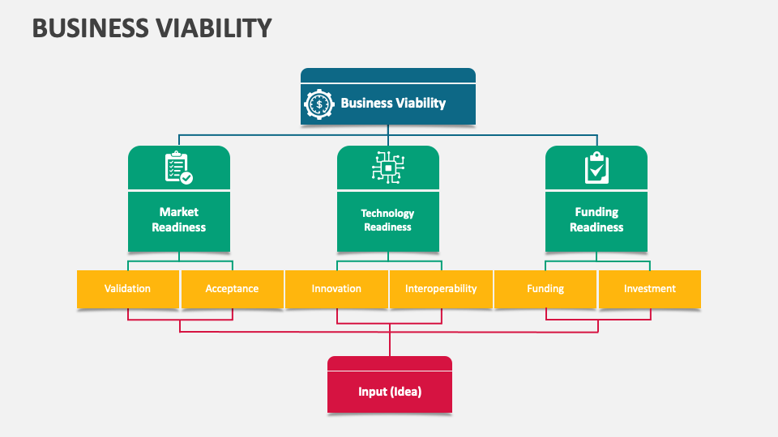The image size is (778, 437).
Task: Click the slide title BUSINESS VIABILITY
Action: click(x=152, y=28)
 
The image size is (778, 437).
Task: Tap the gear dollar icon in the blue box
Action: click(x=319, y=104)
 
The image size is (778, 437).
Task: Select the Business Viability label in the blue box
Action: click(x=393, y=103)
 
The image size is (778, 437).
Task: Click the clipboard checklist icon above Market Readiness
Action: click(x=178, y=168)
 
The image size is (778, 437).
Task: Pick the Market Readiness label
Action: click(x=178, y=219)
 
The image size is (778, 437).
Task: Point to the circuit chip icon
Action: click(x=388, y=168)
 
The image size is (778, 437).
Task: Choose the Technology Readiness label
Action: click(x=387, y=220)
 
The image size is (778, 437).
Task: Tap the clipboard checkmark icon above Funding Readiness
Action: click(x=596, y=168)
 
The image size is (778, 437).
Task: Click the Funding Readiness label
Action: click(x=596, y=219)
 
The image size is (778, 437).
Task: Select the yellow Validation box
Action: click(x=127, y=289)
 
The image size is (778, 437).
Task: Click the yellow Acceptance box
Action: click(x=232, y=289)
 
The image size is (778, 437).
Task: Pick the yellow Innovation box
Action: click(x=336, y=289)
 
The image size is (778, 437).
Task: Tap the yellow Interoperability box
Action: click(x=441, y=289)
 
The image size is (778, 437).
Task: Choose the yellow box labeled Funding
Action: click(x=545, y=289)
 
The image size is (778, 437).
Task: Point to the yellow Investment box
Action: click(x=649, y=289)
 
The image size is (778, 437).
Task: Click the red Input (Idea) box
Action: click(x=390, y=392)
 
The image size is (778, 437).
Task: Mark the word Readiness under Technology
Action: click(x=387, y=227)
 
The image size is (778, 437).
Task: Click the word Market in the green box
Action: click(x=178, y=212)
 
